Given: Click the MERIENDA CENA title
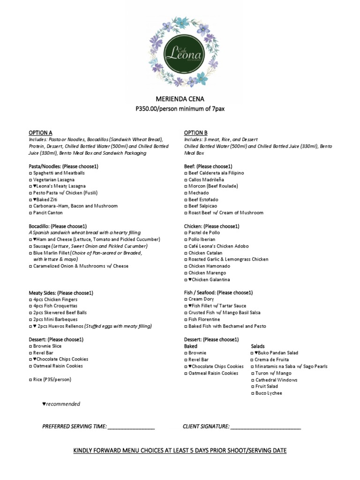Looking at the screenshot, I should click(x=180, y=99).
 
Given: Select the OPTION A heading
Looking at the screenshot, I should click(x=41, y=133).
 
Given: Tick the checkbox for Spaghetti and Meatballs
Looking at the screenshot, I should click(x=30, y=173).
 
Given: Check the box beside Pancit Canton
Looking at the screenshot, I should click(x=30, y=213).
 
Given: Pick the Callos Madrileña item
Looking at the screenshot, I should click(x=206, y=180).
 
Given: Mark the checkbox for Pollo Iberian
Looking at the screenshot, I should click(x=186, y=240).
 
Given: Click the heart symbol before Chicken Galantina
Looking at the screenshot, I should click(x=190, y=280).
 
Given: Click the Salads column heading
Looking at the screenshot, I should click(x=258, y=346).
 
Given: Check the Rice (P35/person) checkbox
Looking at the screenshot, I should click(x=30, y=379).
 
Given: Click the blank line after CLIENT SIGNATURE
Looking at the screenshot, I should click(x=266, y=427).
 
